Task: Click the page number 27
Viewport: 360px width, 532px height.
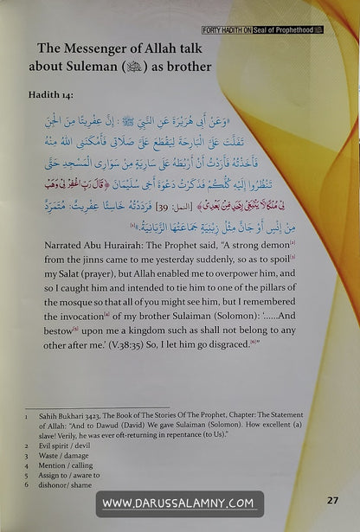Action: pyautogui.click(x=332, y=500)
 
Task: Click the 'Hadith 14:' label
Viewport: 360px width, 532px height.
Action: pyautogui.click(x=51, y=96)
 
